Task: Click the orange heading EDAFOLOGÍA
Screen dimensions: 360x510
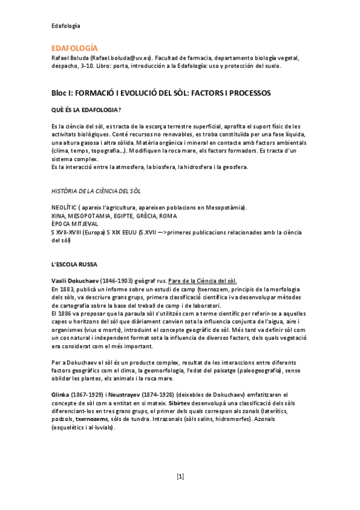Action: [x=74, y=48]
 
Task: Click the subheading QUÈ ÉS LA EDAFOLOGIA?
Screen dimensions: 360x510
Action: [x=87, y=109]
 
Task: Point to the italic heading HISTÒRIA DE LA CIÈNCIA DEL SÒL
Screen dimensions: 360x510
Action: [x=96, y=191]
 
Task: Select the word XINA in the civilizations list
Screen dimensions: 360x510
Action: [x=59, y=215]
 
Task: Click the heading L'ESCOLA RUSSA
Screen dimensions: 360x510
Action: [x=79, y=264]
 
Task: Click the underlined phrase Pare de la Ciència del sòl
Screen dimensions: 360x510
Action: [x=203, y=281]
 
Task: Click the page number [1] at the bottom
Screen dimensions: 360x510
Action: [x=180, y=476]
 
